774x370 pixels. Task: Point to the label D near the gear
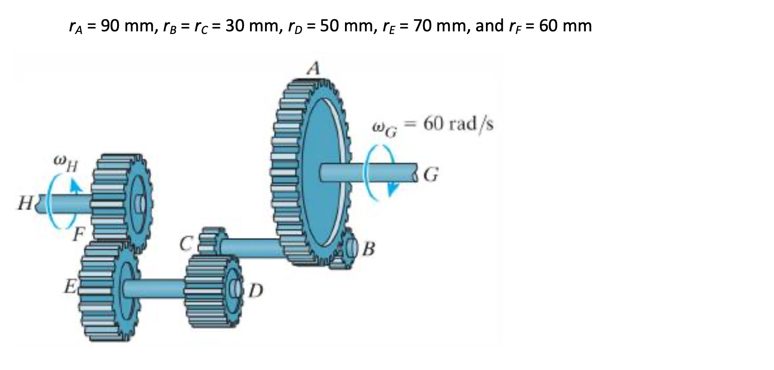(x=256, y=291)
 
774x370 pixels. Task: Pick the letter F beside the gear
(x=79, y=234)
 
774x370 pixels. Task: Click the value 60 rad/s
(x=458, y=124)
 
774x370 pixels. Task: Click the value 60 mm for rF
(x=565, y=26)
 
